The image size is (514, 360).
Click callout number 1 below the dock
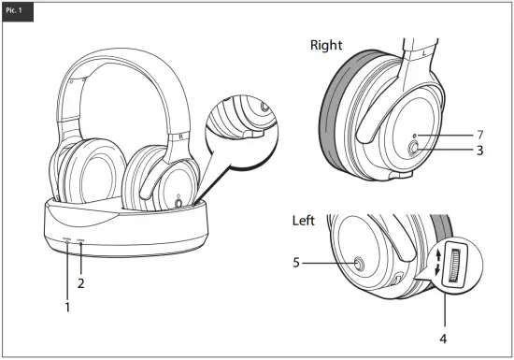(x=67, y=305)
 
